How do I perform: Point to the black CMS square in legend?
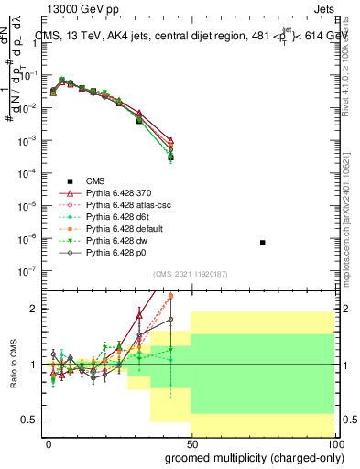(x=70, y=182)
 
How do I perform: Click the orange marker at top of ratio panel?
(x=170, y=297)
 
